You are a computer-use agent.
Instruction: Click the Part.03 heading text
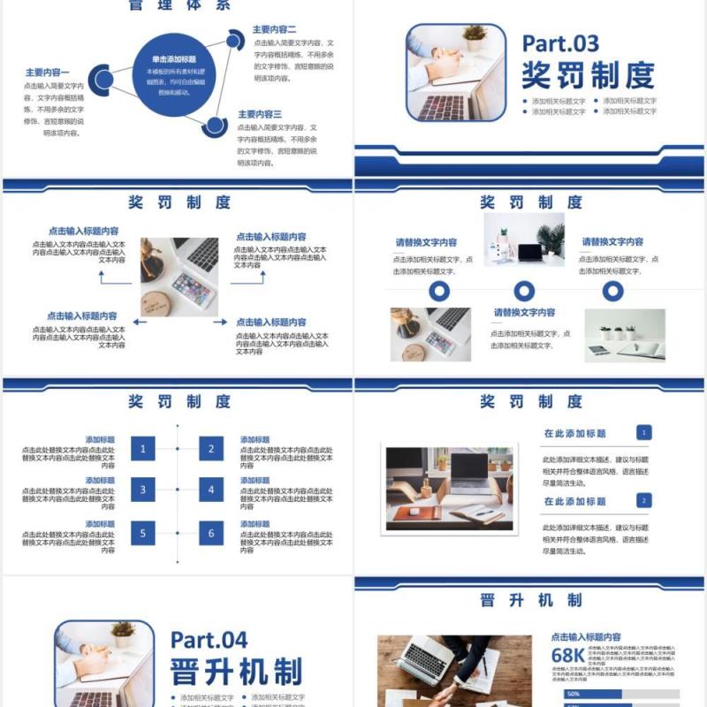[x=560, y=43]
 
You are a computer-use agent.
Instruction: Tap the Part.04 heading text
[x=209, y=640]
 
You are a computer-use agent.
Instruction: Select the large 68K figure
[x=567, y=656]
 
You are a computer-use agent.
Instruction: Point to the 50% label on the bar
[x=574, y=694]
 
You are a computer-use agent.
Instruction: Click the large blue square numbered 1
[x=143, y=449]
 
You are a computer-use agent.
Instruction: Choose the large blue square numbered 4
[x=210, y=490]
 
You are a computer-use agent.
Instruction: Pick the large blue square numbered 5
[x=143, y=533]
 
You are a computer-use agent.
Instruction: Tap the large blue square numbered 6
[x=210, y=533]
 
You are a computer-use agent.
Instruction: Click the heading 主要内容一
[x=47, y=72]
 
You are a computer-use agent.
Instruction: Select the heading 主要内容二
[x=274, y=29]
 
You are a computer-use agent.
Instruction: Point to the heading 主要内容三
[x=259, y=114]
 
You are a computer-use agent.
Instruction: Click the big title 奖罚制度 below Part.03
[x=587, y=75]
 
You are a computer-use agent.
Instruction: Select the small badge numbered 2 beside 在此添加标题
[x=644, y=500]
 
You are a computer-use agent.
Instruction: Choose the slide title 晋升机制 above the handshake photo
[x=530, y=600]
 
